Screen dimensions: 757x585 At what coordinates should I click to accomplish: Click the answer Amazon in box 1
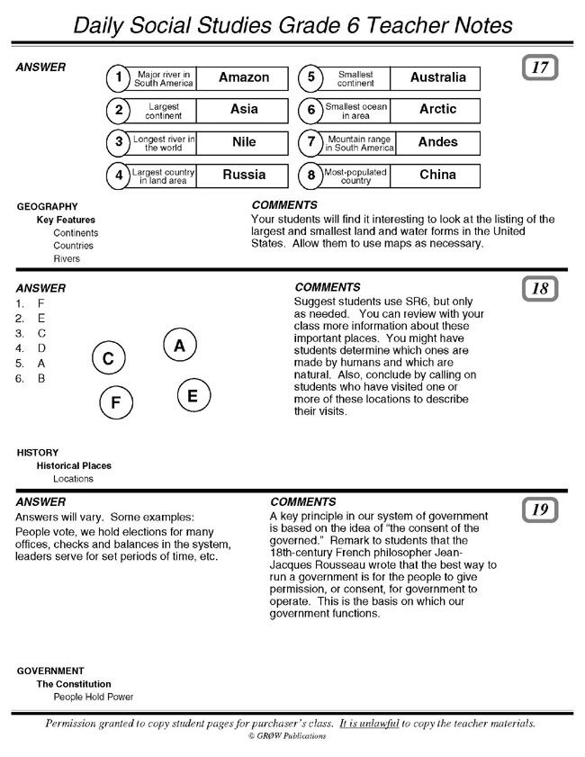click(244, 77)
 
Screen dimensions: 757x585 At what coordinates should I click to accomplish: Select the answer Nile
click(244, 142)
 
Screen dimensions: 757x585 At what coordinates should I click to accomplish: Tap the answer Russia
click(244, 175)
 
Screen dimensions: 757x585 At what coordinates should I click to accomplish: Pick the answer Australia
click(437, 77)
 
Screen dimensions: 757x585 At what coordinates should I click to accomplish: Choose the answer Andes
click(437, 142)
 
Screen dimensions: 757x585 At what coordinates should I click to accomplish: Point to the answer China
click(437, 175)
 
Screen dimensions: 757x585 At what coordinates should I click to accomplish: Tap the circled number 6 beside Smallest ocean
click(310, 111)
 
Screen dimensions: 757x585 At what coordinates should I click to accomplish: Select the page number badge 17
click(540, 68)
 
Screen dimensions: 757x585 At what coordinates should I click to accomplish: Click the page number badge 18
click(540, 289)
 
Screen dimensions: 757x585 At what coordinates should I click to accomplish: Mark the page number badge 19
click(540, 510)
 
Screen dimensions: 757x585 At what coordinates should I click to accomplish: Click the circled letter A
click(180, 346)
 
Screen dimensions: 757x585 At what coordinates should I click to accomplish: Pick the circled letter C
click(108, 358)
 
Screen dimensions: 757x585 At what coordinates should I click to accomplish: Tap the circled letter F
click(115, 402)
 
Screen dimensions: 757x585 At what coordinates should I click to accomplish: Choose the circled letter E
click(193, 395)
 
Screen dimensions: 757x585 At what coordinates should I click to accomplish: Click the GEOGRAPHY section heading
click(47, 207)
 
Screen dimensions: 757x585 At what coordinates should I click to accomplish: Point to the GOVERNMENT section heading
click(50, 671)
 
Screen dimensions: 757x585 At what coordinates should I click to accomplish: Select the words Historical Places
click(74, 466)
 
